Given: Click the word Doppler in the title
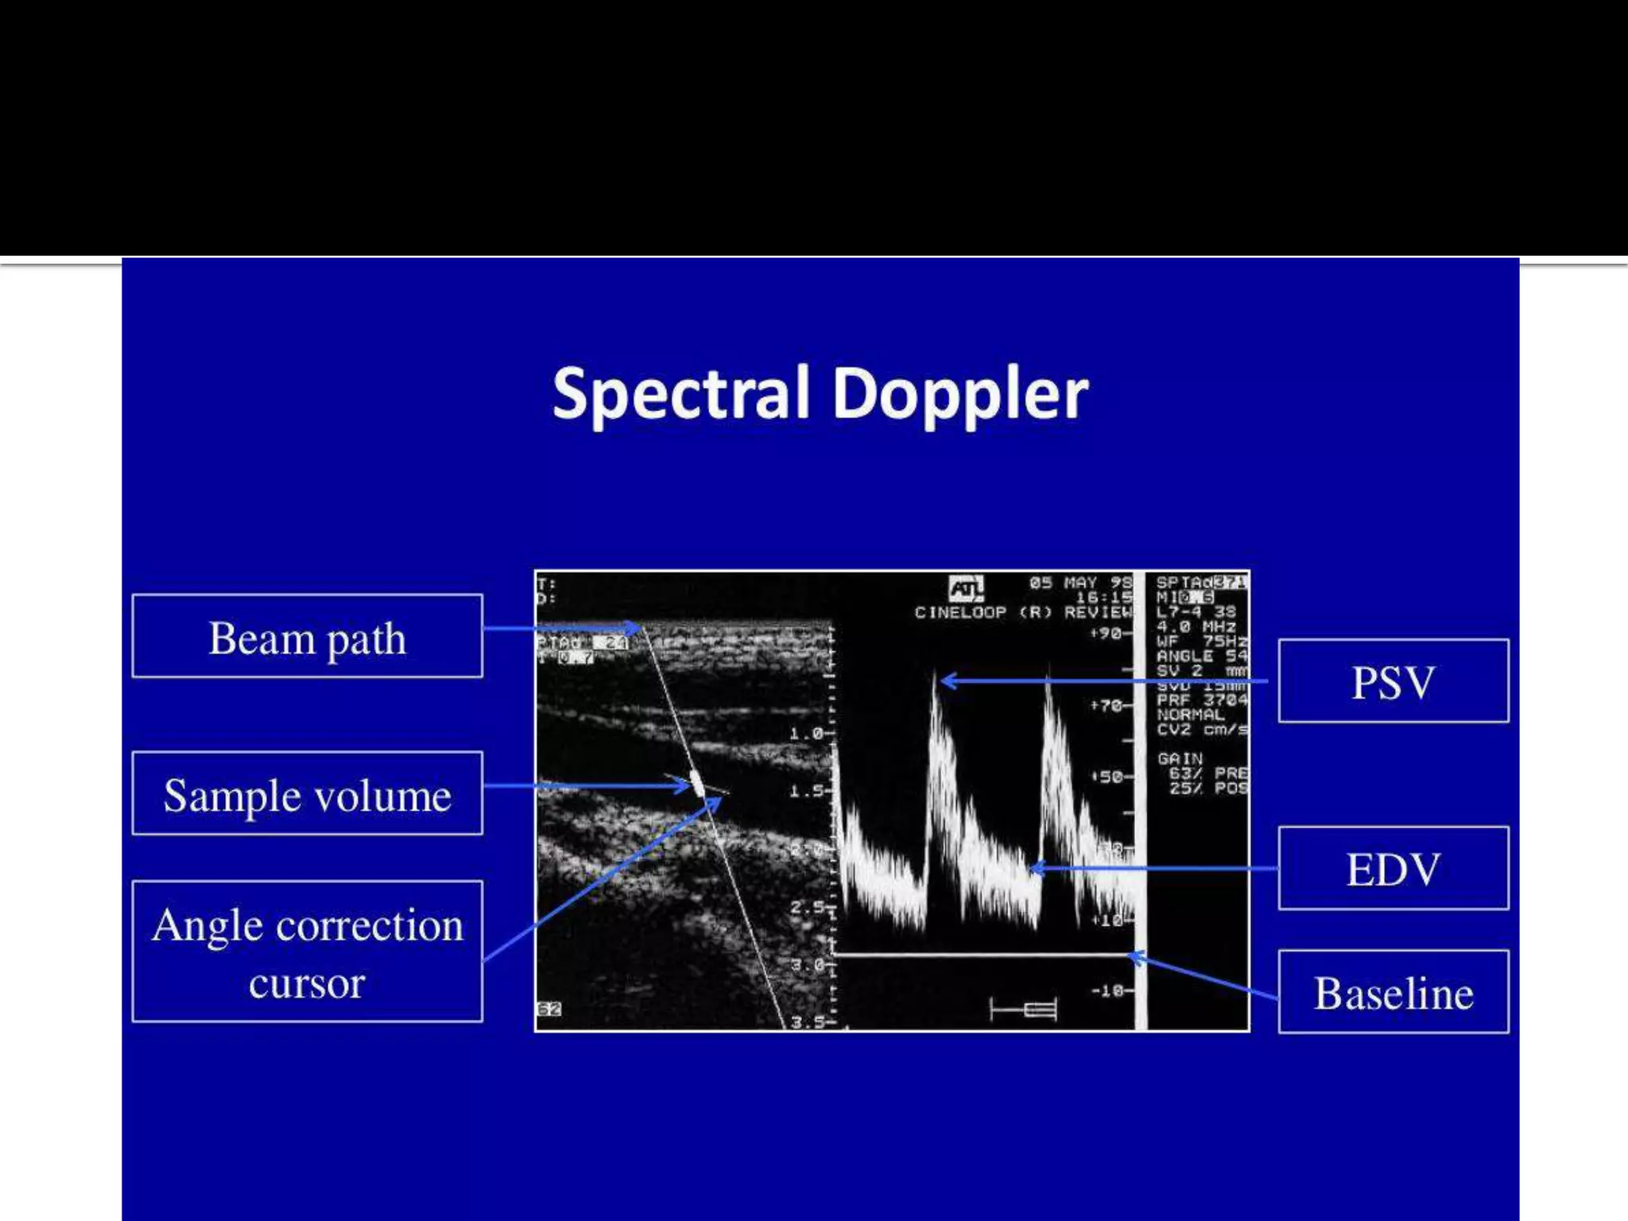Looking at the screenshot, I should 959,394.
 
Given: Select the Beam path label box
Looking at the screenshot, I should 307,636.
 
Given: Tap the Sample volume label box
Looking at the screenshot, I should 307,793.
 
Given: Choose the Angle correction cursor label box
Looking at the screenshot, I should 307,951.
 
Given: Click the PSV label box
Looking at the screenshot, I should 1393,681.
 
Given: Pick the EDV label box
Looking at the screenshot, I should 1393,868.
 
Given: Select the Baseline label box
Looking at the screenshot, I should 1393,992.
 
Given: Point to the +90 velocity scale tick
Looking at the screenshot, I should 1107,634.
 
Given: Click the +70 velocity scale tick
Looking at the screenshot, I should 1107,705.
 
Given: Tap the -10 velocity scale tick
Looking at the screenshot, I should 1107,991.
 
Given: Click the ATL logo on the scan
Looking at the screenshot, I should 966,589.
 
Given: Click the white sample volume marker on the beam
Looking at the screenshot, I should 697,785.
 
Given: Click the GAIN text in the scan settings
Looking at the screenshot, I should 1180,758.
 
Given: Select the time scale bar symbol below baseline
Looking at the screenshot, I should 1024,1010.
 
